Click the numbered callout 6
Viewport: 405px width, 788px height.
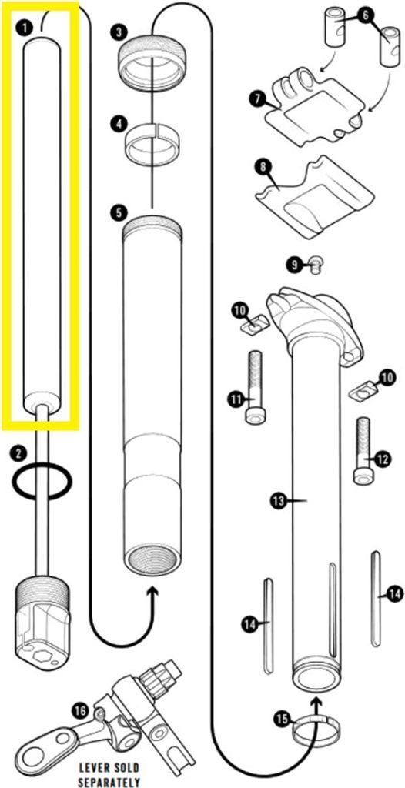click(x=365, y=15)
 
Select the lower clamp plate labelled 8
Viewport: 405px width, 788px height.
click(x=314, y=196)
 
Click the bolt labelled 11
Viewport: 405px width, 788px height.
click(x=254, y=387)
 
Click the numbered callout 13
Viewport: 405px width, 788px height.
click(x=278, y=500)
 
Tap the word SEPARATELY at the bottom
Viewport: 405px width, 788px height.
click(x=109, y=783)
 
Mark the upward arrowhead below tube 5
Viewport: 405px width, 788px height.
click(x=153, y=596)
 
